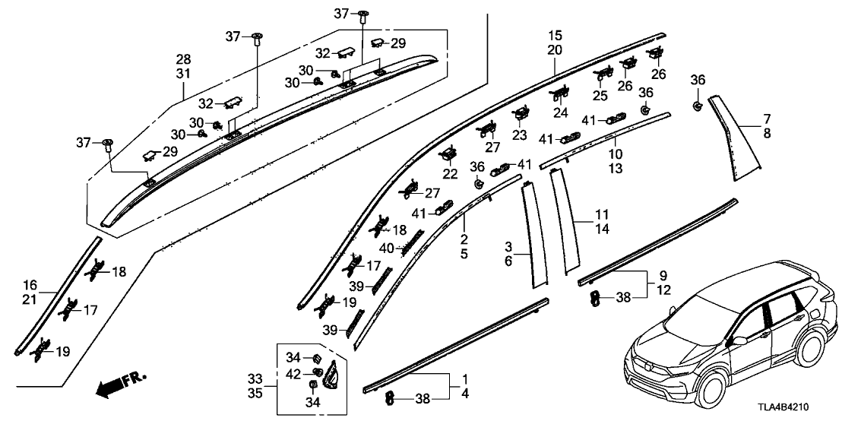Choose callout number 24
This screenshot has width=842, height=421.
coord(561,112)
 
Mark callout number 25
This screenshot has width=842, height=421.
coord(600,97)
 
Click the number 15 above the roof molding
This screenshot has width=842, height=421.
coord(555,36)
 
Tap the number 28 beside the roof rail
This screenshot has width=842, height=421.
coord(184,59)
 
